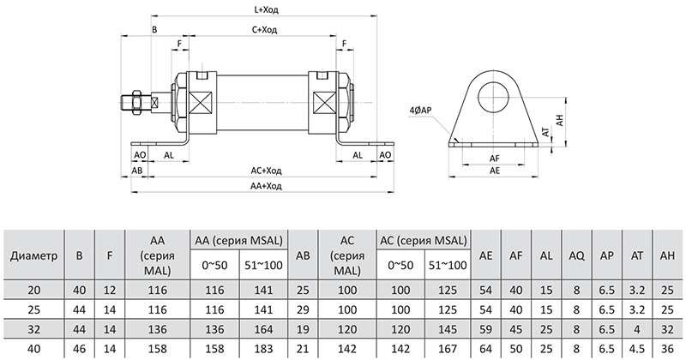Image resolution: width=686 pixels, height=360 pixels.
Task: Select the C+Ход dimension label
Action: pos(264,30)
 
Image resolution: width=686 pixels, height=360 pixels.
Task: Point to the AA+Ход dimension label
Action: pos(266,186)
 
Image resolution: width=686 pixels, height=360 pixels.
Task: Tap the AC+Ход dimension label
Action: pos(266,171)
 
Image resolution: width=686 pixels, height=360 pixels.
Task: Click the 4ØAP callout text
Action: pos(420,111)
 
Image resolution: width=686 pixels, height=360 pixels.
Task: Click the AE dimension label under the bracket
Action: pos(495,171)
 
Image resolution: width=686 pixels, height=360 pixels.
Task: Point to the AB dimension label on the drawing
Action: pos(137,171)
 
